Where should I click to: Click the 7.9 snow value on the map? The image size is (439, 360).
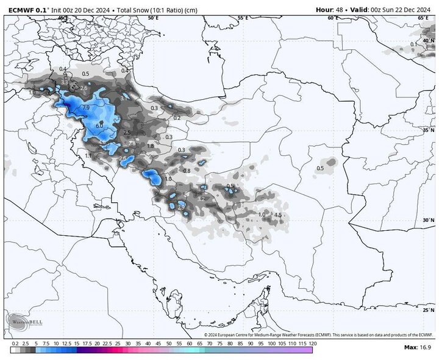(x=86, y=108)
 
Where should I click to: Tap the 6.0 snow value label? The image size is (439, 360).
(x=99, y=124)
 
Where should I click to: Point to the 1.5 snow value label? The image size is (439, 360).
(x=277, y=215)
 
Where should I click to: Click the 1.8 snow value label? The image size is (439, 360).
(x=151, y=146)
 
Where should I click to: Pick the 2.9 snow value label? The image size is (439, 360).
(x=181, y=208)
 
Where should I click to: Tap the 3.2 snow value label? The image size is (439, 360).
(x=201, y=199)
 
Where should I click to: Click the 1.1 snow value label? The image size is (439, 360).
(x=88, y=156)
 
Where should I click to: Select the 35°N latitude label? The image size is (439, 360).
(x=428, y=130)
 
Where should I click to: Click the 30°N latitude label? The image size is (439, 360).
(x=428, y=221)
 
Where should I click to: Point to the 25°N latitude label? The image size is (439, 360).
(x=428, y=310)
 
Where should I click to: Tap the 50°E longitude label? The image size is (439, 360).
(x=153, y=18)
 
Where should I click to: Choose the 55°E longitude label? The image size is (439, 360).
(x=243, y=18)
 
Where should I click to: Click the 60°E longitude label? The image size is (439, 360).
(x=333, y=18)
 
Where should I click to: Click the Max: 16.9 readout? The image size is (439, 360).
(x=418, y=347)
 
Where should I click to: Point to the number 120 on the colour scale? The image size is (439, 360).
(x=312, y=344)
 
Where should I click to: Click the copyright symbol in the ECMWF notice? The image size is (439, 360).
(x=207, y=335)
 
